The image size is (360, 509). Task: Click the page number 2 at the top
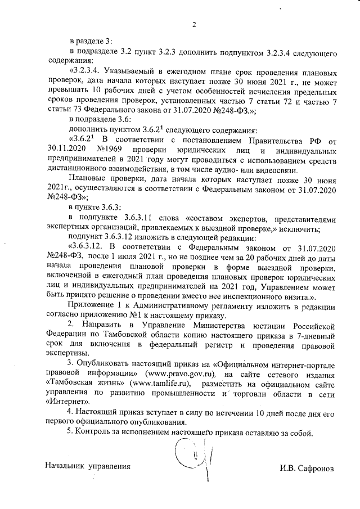(x=193, y=24)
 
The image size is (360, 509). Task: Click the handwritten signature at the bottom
(x=187, y=453)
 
